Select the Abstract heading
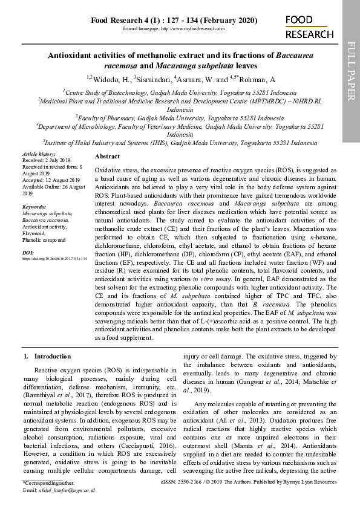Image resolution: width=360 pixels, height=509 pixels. coord(108,157)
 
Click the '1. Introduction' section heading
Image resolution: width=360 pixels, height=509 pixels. coord(47,357)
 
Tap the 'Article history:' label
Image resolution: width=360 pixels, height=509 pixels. coord(38,155)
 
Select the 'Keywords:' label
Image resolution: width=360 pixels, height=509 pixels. coord(34,207)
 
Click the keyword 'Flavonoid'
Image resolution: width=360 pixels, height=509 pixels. coord(34,233)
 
